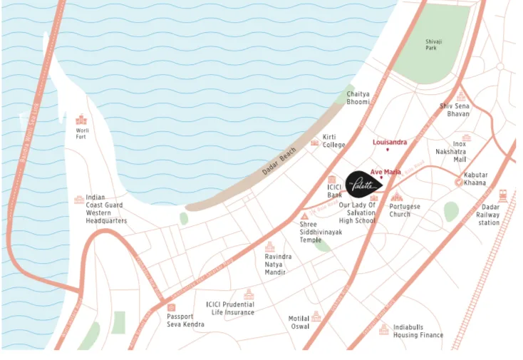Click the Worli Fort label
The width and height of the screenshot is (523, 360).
[82, 134]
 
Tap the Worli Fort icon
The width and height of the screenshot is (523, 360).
[81, 120]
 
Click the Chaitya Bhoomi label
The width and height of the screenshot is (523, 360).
[358, 98]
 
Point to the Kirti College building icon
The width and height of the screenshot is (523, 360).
[315, 143]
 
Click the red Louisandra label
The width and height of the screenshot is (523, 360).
[390, 142]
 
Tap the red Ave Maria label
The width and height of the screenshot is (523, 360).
[385, 172]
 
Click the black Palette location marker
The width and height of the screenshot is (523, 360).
[363, 184]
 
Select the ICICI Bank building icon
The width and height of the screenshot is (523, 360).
[332, 180]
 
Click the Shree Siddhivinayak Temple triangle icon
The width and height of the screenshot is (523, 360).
[304, 215]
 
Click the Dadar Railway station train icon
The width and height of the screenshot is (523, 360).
[503, 195]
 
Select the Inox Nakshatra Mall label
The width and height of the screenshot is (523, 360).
[450, 152]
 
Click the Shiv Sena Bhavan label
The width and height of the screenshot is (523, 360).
[454, 110]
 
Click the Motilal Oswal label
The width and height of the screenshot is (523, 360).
[299, 322]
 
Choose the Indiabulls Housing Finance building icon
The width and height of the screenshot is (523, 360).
[384, 329]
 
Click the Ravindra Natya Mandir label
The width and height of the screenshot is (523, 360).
[278, 264]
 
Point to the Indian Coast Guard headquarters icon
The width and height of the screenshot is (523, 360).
[78, 200]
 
